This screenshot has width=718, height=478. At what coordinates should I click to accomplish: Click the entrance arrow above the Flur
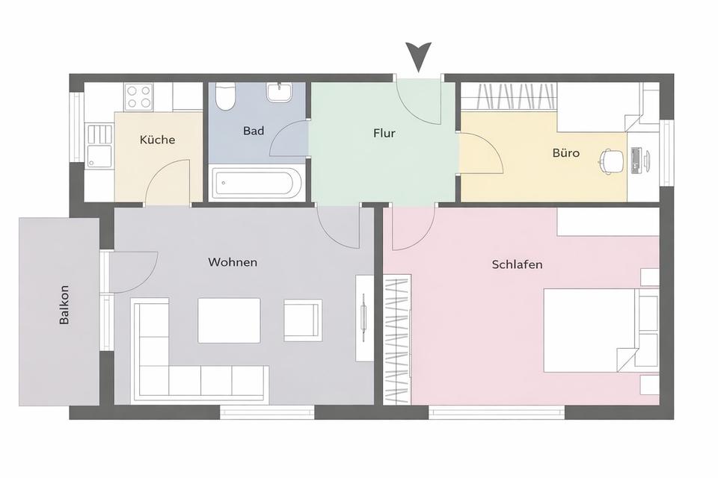[x=419, y=57]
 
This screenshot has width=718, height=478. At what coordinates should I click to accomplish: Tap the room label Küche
[x=157, y=140]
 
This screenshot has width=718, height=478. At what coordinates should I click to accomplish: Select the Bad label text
[x=254, y=131]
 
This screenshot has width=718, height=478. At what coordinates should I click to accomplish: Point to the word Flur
[x=384, y=134]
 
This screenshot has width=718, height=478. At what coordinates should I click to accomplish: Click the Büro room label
[x=565, y=153]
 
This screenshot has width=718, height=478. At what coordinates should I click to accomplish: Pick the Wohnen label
[x=233, y=262]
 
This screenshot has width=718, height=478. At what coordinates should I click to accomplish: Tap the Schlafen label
[x=518, y=264]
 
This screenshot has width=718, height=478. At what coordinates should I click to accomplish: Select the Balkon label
[x=65, y=305]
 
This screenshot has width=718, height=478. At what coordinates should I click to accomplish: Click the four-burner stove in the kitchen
[x=139, y=96]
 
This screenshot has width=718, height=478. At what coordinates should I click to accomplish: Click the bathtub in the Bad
[x=257, y=182]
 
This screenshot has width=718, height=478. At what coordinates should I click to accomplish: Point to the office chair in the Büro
[x=611, y=159]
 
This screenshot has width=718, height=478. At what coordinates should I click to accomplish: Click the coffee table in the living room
[x=229, y=320]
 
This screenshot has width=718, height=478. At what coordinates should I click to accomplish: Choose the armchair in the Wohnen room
[x=303, y=320]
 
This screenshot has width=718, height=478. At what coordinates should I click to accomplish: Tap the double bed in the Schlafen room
[x=598, y=330]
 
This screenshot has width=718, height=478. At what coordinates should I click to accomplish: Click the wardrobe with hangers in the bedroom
[x=397, y=340]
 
